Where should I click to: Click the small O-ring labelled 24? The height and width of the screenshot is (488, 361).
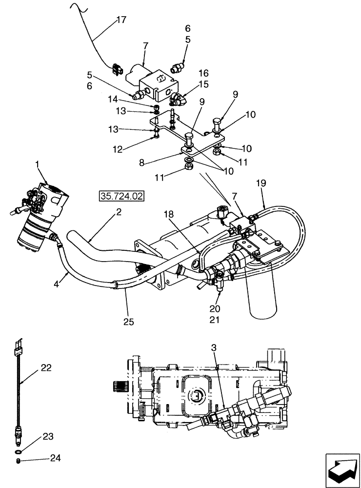coord(18,459)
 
